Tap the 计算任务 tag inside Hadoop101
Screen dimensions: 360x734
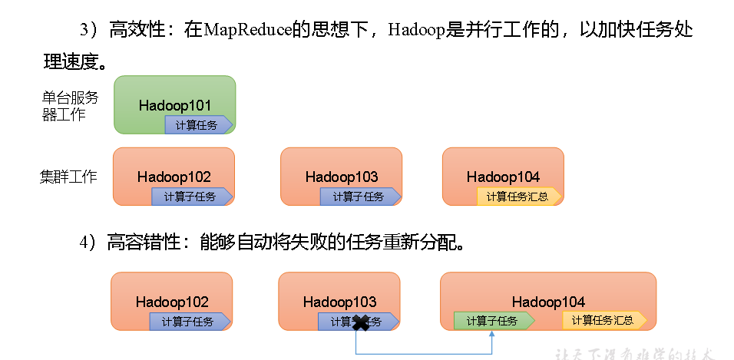(197, 125)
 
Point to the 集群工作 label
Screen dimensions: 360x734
(68, 177)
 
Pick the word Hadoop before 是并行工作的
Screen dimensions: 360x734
(415, 30)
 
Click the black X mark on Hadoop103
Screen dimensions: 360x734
(360, 323)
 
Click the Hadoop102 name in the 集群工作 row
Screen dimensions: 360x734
(174, 177)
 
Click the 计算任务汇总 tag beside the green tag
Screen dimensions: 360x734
(604, 321)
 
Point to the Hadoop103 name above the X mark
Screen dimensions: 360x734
(340, 302)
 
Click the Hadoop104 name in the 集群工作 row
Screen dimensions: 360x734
(503, 177)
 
